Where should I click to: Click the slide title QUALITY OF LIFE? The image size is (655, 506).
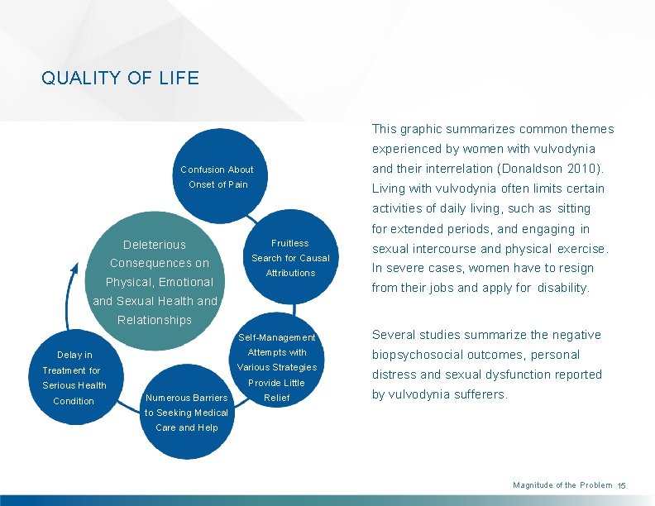click(x=120, y=79)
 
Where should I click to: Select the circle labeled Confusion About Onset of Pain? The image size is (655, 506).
click(x=218, y=177)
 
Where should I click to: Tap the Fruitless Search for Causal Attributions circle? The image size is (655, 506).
click(x=290, y=258)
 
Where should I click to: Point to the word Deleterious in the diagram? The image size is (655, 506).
click(x=155, y=245)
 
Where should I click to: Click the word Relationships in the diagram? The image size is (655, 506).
click(x=155, y=320)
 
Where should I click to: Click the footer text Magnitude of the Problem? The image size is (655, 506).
click(x=562, y=485)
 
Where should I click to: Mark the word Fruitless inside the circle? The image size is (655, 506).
click(x=290, y=243)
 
